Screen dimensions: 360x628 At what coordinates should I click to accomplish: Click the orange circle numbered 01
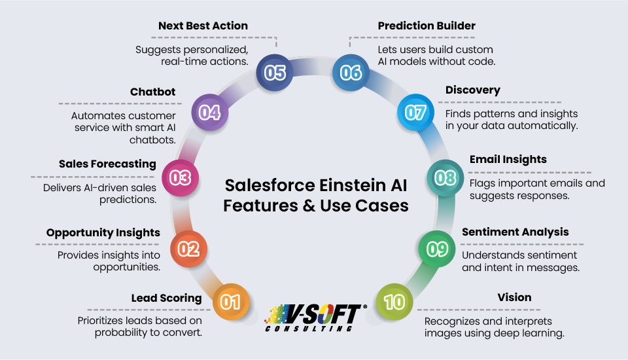230,302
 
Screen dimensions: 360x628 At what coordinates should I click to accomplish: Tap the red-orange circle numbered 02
188,249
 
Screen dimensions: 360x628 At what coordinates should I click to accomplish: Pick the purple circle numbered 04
209,113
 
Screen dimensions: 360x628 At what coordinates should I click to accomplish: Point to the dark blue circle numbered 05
275,72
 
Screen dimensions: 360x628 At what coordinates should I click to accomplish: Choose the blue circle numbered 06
351,72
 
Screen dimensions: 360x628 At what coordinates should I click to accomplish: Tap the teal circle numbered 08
445,177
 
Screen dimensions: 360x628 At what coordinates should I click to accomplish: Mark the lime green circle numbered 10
395,302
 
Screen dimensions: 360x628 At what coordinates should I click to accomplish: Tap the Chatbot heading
154,92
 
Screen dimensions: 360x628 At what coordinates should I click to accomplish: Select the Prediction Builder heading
427,26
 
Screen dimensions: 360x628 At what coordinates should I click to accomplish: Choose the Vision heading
514,297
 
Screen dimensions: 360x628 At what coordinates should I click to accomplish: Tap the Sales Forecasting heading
107,164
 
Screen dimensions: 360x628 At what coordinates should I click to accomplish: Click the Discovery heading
473,90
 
